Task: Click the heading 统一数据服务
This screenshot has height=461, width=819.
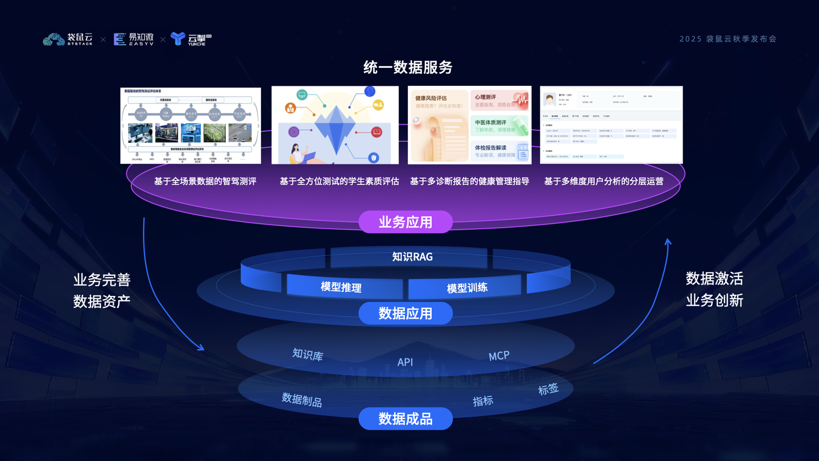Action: pos(408,68)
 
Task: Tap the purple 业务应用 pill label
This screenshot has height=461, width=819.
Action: pos(406,222)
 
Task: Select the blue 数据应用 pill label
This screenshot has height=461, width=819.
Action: pos(406,313)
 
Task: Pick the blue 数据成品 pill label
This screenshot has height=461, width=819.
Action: pos(406,419)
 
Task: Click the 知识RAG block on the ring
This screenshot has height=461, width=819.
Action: pos(412,257)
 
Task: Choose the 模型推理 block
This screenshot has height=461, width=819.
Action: pos(341,287)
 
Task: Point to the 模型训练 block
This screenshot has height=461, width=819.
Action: pos(467,287)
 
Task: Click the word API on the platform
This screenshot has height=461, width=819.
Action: pos(405,362)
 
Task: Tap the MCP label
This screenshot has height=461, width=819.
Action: pos(499,356)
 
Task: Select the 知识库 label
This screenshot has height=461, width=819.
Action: pos(308,355)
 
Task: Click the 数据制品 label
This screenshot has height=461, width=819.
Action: pos(302,400)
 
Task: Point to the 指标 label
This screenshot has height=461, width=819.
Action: pos(483,401)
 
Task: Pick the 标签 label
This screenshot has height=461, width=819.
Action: pos(548,389)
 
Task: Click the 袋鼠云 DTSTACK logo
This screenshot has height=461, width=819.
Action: pos(68,39)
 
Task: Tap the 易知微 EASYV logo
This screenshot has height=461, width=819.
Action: pos(133,39)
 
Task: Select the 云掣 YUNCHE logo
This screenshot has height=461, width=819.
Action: pos(191,39)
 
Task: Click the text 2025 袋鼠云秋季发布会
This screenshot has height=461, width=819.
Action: pos(727,39)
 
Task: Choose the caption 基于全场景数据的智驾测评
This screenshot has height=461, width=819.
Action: pos(205,181)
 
